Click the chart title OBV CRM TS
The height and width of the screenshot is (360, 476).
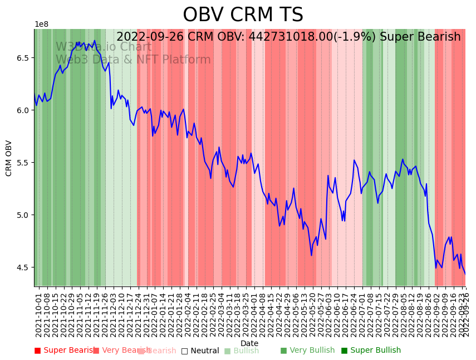243,15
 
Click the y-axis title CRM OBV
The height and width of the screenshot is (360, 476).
9,158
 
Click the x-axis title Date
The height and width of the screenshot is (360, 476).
249,343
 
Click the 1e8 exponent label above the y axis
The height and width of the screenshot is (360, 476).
41,25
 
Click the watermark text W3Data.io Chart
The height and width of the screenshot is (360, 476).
103,47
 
